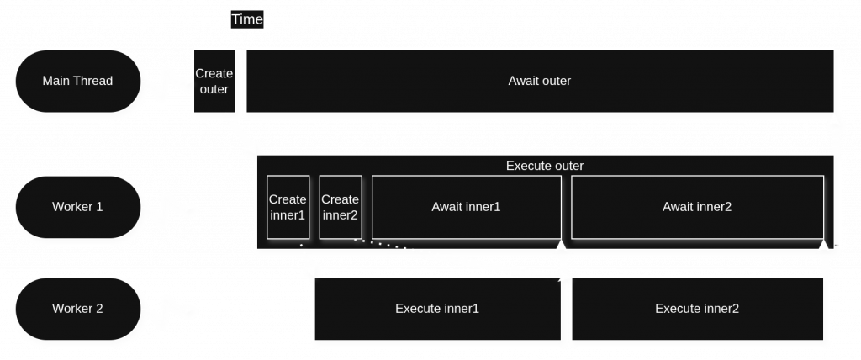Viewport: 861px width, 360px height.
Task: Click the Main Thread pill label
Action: click(77, 81)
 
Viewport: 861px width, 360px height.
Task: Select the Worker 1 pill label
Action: click(77, 206)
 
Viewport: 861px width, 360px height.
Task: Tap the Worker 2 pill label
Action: click(77, 308)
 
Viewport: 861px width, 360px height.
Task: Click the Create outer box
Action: click(214, 81)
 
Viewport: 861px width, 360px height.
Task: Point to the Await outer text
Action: click(539, 81)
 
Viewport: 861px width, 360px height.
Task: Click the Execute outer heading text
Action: click(544, 166)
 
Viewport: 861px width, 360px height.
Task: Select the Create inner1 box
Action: click(288, 207)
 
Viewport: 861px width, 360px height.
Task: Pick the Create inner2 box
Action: click(341, 207)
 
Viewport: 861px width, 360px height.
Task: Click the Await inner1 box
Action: click(466, 207)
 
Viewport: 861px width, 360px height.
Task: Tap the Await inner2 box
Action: click(697, 207)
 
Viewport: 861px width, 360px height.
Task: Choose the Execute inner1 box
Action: click(437, 309)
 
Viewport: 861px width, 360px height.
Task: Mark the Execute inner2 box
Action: click(697, 309)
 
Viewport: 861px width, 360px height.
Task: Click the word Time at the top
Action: click(247, 19)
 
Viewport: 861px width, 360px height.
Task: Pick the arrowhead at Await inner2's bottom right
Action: click(823, 245)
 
